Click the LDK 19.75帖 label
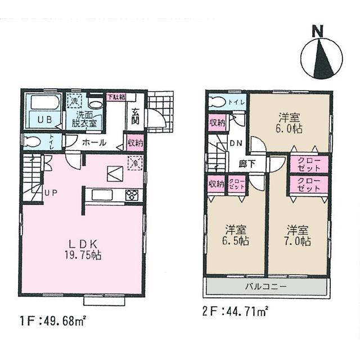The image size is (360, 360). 84,249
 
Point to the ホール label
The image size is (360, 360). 93,142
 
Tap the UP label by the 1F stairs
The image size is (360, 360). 51,193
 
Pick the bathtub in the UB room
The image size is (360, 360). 44,105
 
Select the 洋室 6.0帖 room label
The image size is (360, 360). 289,123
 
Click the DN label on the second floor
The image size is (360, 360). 236,143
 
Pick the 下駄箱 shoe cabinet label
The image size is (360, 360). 116,97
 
